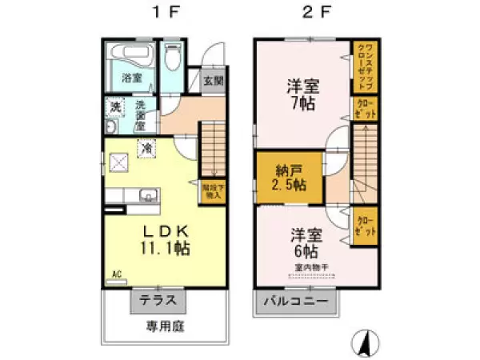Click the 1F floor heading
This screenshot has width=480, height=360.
[158, 14]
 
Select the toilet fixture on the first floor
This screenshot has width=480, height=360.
[171, 58]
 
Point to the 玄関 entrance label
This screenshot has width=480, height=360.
[213, 81]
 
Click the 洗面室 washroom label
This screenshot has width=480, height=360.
[139, 114]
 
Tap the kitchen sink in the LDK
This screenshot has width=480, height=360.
[147, 195]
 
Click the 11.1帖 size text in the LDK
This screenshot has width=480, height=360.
[166, 249]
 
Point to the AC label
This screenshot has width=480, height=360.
[116, 274]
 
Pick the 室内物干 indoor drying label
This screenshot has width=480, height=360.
[307, 266]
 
